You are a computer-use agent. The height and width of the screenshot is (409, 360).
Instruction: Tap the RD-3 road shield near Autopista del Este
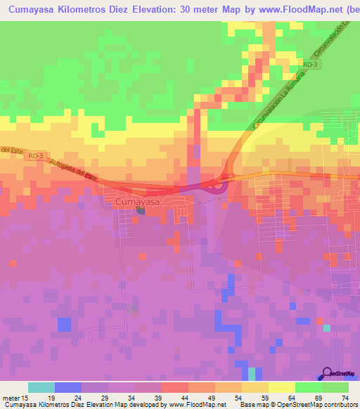[x=37, y=155]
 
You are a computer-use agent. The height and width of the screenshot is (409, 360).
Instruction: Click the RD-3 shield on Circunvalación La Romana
[x=313, y=64]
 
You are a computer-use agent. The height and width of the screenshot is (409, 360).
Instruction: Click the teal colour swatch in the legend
[x=41, y=387]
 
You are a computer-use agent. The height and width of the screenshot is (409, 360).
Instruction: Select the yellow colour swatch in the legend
[x=282, y=387]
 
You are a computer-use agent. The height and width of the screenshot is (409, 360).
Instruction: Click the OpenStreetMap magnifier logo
[x=327, y=373]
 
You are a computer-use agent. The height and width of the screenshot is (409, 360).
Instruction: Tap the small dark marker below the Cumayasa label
[x=140, y=209]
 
